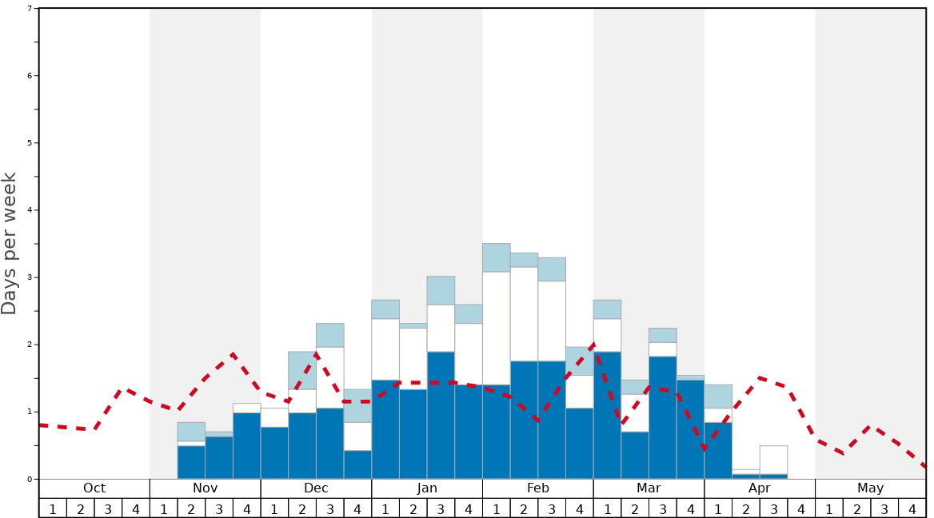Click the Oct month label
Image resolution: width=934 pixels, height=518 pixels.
coord(94,488)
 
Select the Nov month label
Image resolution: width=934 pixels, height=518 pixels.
coord(205,488)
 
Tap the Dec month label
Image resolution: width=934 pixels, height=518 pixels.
coord(316,488)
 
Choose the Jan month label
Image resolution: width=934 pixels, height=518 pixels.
coord(427,488)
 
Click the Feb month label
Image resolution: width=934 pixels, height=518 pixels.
coord(538,488)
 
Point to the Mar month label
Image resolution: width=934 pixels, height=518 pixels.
coord(649,488)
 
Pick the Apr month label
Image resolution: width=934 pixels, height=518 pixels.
coord(760,488)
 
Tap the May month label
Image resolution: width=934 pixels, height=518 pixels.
coord(871,488)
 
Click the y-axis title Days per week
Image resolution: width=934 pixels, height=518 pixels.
coord(10,244)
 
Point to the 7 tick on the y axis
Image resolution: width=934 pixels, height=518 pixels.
coord(30,9)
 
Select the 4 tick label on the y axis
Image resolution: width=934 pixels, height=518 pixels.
coord(30,210)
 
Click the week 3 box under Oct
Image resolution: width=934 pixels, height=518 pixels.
coord(108,508)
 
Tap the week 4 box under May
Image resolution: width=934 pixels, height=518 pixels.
coord(912,508)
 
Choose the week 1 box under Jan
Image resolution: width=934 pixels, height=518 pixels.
coord(385,508)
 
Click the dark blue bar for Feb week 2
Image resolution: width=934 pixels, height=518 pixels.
coord(524,420)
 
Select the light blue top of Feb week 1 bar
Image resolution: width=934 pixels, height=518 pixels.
coord(497,257)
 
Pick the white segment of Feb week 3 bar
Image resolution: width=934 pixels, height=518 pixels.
coord(552,321)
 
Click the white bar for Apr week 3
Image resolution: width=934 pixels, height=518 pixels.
coord(773,460)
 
